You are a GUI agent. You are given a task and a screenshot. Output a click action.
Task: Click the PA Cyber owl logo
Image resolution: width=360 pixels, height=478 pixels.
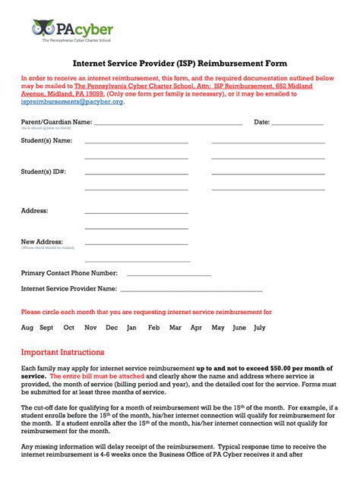(42, 28)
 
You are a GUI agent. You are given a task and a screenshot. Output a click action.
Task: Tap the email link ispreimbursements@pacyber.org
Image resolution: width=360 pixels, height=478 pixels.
(71, 102)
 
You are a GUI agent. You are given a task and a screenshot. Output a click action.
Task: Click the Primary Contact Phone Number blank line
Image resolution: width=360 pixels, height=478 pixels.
(169, 274)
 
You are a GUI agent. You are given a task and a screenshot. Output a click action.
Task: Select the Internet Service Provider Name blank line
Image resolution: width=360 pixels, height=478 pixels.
(191, 291)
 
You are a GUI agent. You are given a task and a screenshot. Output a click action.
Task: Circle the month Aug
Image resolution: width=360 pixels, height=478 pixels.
(27, 328)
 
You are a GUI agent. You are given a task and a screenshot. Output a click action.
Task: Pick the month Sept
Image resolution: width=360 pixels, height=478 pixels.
(46, 328)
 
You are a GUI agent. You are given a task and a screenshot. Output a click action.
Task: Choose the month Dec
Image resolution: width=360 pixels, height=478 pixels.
(112, 328)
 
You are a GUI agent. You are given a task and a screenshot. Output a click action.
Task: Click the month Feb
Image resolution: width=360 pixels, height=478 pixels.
(153, 328)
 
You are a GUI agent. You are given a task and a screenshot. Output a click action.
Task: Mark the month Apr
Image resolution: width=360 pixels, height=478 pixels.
(196, 328)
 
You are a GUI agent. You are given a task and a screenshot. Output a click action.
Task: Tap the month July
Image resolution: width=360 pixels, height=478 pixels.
(260, 328)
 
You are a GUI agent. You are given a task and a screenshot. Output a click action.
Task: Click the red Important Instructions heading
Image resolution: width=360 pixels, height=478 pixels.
(62, 352)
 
